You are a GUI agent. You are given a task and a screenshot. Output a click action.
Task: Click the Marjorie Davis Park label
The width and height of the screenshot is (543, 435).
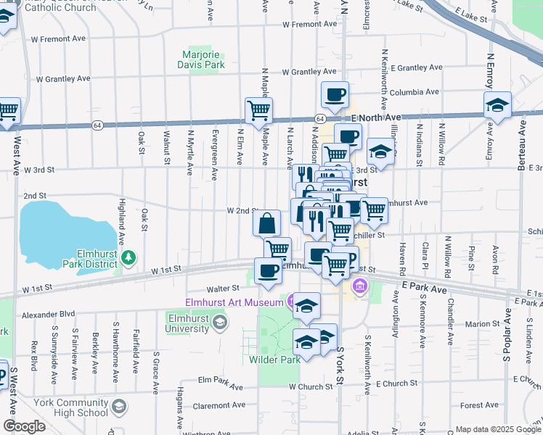[x=201, y=59]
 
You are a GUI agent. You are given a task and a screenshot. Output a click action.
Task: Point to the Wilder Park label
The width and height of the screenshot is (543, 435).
[x=274, y=360]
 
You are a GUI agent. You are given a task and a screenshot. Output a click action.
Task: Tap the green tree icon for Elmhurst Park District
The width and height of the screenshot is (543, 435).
[x=128, y=257]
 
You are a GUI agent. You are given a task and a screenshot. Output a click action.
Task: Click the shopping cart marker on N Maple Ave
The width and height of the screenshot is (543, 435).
[x=258, y=111]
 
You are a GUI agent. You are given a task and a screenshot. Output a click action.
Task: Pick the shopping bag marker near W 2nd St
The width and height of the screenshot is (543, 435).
[x=267, y=223]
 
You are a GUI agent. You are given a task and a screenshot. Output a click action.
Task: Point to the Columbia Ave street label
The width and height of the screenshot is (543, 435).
[x=415, y=93]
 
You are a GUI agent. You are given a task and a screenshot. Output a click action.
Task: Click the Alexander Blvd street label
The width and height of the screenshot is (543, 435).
[x=49, y=315]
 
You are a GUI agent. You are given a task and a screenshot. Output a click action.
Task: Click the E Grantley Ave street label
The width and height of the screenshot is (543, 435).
[x=416, y=67]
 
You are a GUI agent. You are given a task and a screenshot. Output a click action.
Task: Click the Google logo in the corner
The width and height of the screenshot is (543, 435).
[x=24, y=426]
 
